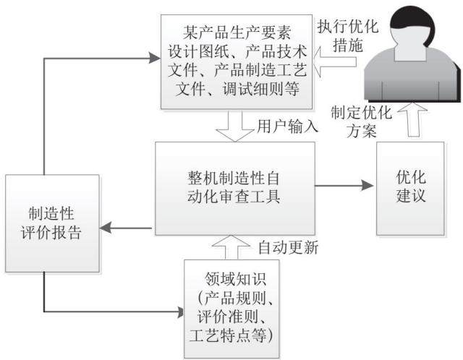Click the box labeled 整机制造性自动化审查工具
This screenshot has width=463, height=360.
pos(235,188)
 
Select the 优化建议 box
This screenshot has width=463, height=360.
pos(410,188)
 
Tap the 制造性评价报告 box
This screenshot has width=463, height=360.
pos(52,223)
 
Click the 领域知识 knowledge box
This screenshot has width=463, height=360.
pos(231,309)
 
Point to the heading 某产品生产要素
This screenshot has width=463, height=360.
pos(237,32)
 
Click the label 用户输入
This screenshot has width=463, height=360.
pos(287,127)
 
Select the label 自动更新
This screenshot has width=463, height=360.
pos(288,247)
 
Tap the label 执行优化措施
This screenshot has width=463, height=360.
pos(348,36)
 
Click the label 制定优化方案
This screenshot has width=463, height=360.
pos(362,121)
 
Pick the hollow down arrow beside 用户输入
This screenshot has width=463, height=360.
pos(235,126)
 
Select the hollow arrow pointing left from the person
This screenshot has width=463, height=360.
pos(334,61)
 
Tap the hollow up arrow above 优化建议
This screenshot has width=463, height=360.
pos(412,120)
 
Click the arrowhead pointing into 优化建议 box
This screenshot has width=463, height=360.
pos(368,186)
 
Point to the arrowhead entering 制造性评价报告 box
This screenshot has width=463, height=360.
pos(105,228)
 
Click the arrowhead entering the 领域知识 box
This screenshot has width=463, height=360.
pos(180,312)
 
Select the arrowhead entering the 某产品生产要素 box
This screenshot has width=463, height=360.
pos(155,58)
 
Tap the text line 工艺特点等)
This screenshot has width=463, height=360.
pos(231,335)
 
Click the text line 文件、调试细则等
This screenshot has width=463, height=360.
pos(237,88)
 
